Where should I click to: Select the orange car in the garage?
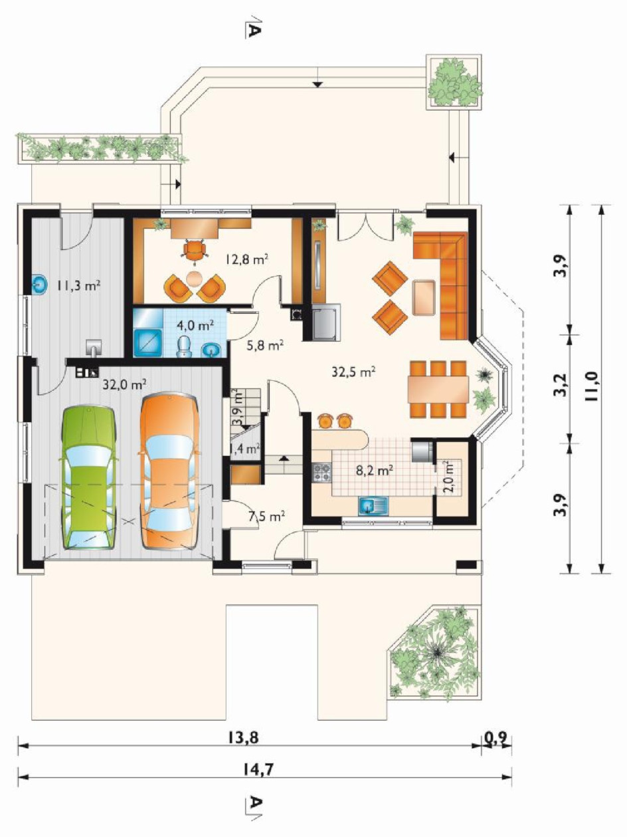point(169,471)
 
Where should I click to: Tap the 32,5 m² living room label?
point(354,372)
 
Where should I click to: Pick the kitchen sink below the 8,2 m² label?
point(373,507)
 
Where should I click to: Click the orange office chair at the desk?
point(195,251)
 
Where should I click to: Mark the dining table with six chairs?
point(438,389)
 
